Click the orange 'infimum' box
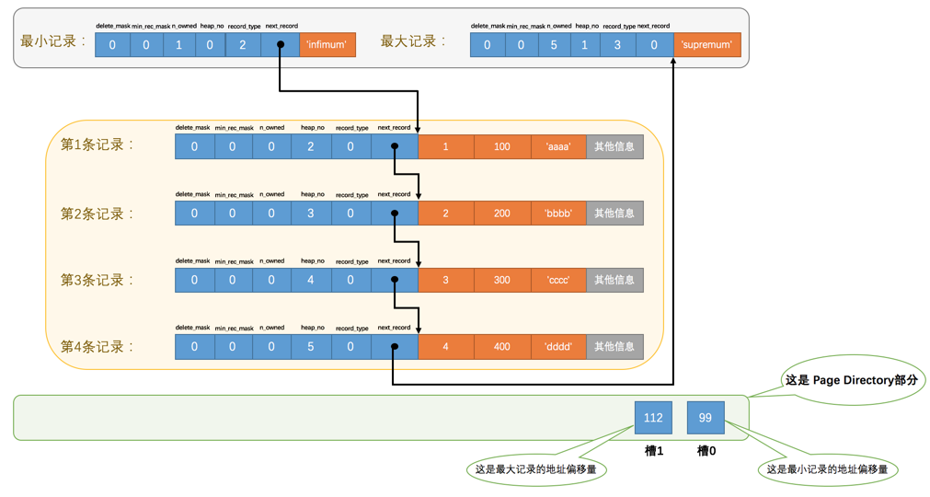coord(327,44)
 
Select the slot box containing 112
coord(653,418)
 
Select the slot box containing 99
coord(706,418)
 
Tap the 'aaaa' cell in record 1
coord(558,146)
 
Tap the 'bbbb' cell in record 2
coord(558,214)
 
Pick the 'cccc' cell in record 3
coord(558,280)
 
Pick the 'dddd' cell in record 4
coord(558,347)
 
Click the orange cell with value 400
coord(502,347)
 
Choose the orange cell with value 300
coord(502,280)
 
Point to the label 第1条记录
coord(98,145)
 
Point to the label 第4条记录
coord(98,347)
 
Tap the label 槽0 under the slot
coord(706,450)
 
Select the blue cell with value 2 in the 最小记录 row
coord(243,44)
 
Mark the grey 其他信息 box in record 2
coord(614,214)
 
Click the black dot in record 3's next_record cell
coord(395,280)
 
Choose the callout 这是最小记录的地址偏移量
coord(827,469)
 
